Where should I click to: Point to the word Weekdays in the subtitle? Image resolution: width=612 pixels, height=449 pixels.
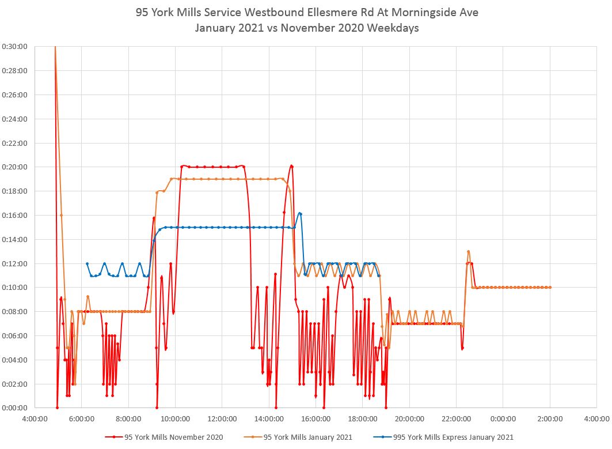tap(397, 28)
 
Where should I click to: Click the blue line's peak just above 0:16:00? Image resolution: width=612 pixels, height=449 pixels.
tap(300, 213)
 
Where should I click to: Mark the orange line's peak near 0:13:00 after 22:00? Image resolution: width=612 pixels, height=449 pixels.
tap(469, 251)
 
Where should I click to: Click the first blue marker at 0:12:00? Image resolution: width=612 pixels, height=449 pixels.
tap(87, 263)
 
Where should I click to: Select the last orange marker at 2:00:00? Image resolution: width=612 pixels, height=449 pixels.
tap(550, 288)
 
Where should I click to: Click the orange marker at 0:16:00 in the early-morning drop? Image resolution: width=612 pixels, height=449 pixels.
tap(61, 215)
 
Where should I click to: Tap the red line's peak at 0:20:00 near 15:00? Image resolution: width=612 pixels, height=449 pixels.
tap(292, 166)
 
